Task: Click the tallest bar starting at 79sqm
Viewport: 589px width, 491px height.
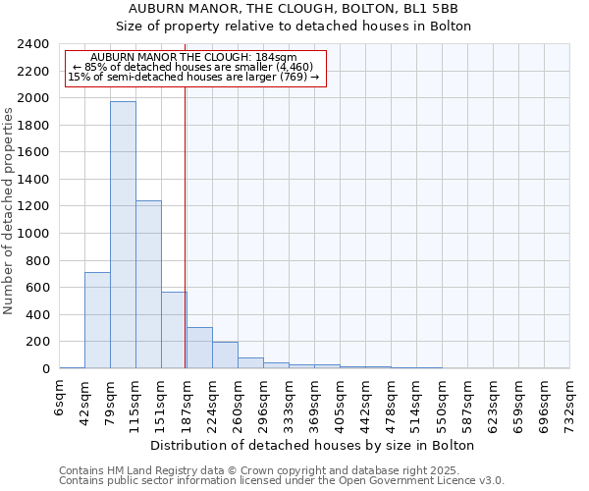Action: coord(123,236)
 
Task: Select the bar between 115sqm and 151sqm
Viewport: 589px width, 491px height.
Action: coord(148,285)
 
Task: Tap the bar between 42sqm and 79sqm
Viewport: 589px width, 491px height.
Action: coord(97,320)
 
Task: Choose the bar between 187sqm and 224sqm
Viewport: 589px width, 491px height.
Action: coord(199,348)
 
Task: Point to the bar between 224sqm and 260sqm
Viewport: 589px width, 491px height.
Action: coord(225,355)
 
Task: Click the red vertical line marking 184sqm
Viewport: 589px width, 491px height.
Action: coord(185,226)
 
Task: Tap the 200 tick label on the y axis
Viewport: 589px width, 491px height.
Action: coord(37,342)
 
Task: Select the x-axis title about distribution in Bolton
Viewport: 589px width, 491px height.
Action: coord(313,445)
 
